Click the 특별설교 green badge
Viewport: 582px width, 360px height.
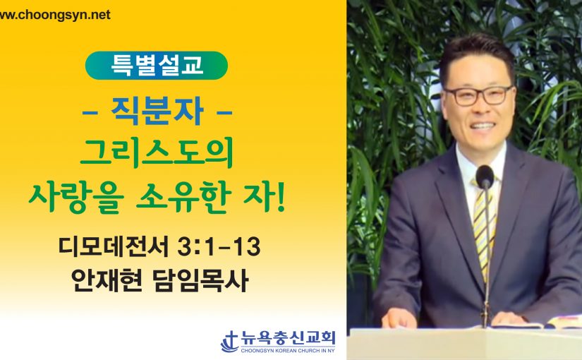point(157,66)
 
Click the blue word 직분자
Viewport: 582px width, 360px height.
point(157,111)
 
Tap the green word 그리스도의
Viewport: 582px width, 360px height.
point(157,152)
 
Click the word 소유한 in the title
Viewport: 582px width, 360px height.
point(183,198)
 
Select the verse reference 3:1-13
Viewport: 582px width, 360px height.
point(219,246)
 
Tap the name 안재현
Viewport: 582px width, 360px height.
point(106,280)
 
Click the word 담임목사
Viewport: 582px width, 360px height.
point(200,280)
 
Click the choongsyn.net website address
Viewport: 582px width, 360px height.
point(55,15)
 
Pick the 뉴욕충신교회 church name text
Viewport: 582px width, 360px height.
point(288,338)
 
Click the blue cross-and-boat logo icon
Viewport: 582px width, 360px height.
point(230,342)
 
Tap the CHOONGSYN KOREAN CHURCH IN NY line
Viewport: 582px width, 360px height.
point(288,350)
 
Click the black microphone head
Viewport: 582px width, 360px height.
point(485,177)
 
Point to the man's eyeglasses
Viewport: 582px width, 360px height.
point(479,95)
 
